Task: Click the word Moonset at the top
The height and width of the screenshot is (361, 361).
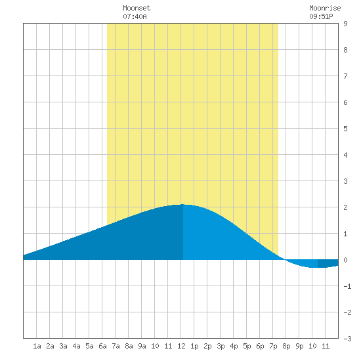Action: (137, 8)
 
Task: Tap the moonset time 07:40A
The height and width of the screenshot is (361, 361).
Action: (135, 16)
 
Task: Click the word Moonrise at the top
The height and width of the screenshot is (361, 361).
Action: (325, 8)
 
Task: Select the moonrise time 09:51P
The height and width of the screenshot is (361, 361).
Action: (321, 16)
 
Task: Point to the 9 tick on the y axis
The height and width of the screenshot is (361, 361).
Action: (345, 24)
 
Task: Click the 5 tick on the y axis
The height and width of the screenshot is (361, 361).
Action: (345, 129)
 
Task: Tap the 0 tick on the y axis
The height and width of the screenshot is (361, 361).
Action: (345, 260)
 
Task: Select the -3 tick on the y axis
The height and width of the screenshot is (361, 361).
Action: (347, 339)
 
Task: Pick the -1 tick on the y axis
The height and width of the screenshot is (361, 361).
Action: (347, 286)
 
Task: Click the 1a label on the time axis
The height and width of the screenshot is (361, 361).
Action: (37, 346)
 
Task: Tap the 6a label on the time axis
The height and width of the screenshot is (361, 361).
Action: (102, 346)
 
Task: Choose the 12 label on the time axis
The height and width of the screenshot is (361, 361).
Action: (181, 346)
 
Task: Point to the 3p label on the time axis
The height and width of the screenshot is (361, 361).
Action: (221, 346)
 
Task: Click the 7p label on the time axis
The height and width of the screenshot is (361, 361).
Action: (273, 346)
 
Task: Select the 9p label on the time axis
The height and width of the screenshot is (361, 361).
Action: (299, 346)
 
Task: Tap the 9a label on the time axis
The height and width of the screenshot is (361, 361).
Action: (142, 346)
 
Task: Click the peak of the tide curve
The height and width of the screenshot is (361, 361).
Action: (183, 204)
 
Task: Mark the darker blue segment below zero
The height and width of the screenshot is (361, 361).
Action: (328, 263)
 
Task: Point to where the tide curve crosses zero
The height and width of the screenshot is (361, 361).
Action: (285, 260)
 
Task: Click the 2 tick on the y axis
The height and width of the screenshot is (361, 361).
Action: (345, 207)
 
